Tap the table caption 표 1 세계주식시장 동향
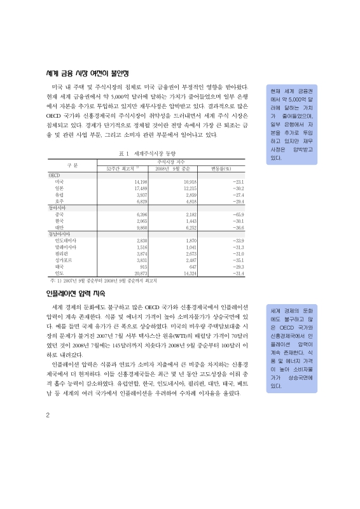click(146, 153)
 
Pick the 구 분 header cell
click(72, 165)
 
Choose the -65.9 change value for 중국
click(239, 214)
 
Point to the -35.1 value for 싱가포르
click(239, 260)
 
